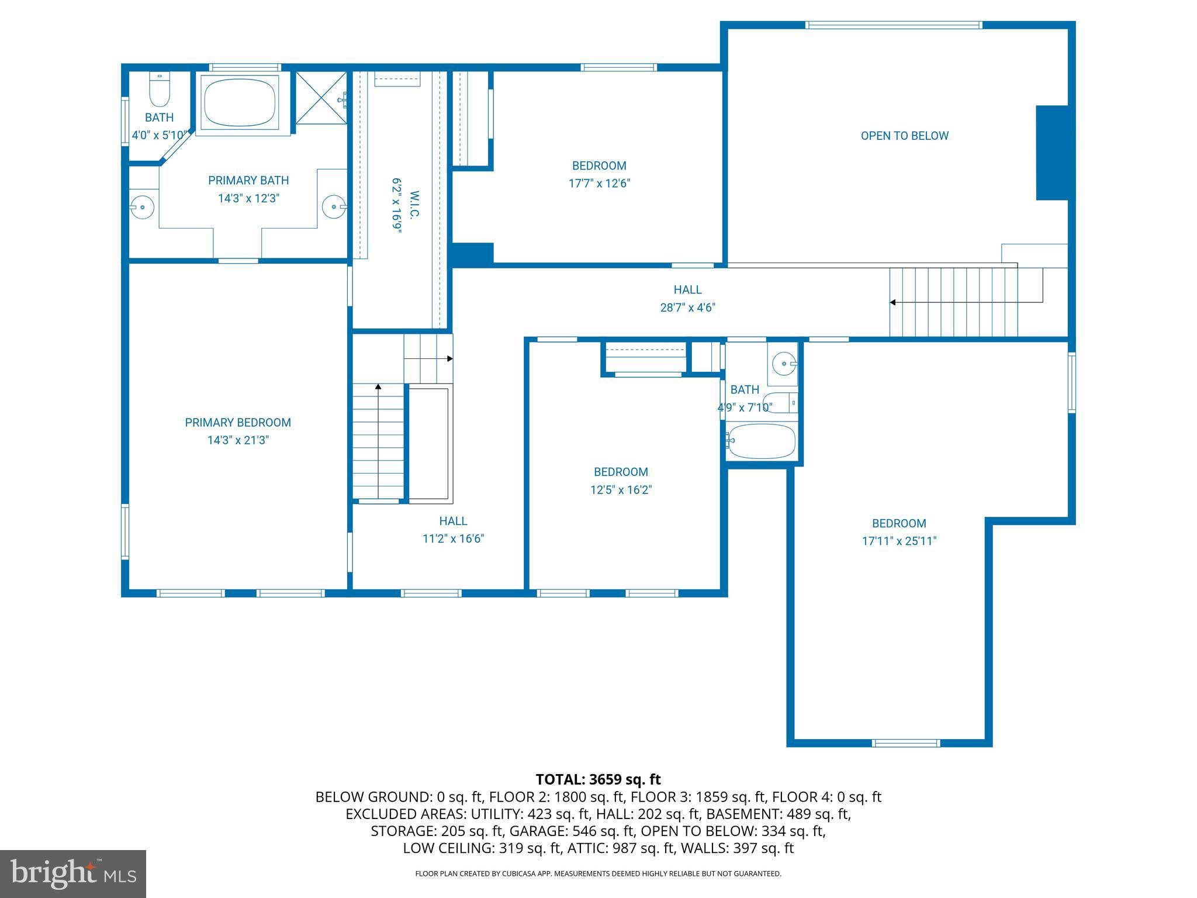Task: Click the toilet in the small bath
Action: (x=159, y=89)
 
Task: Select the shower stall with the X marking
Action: (x=320, y=98)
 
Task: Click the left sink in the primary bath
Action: (x=141, y=207)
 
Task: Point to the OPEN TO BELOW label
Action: (x=904, y=136)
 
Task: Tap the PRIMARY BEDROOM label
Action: (x=238, y=422)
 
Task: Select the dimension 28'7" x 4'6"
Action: (x=687, y=308)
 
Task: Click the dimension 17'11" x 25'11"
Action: (x=899, y=541)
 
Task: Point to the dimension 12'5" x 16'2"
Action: (x=621, y=490)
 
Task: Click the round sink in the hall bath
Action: (x=783, y=364)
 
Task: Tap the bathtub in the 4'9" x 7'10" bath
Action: (x=762, y=441)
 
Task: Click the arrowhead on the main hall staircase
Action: (x=892, y=302)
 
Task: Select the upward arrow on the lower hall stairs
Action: (x=378, y=387)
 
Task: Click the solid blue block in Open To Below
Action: (x=1051, y=153)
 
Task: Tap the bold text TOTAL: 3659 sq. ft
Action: (x=598, y=779)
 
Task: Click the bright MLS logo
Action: (x=73, y=873)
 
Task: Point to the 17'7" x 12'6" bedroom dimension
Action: (x=599, y=184)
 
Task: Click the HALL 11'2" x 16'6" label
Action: (x=453, y=530)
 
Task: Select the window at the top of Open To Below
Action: (x=894, y=25)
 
